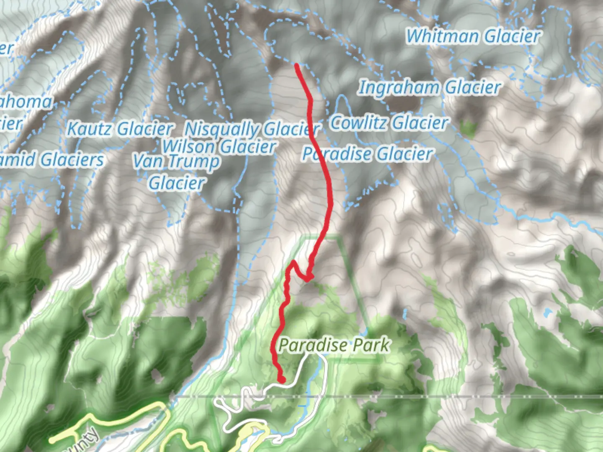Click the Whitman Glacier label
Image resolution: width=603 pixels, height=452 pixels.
473,36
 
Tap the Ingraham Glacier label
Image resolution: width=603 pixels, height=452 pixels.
429,88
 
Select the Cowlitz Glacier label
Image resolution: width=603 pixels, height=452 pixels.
389,123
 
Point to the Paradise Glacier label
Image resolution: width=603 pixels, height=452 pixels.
367,154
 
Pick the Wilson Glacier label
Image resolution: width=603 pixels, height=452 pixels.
219,146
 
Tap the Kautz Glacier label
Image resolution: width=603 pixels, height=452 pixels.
120,129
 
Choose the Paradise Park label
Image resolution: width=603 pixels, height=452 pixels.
334,345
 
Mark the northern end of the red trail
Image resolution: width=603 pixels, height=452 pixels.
297,65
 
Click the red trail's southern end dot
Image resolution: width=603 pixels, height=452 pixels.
282,379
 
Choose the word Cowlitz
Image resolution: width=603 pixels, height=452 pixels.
359,123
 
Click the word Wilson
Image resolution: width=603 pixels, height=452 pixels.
189,146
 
